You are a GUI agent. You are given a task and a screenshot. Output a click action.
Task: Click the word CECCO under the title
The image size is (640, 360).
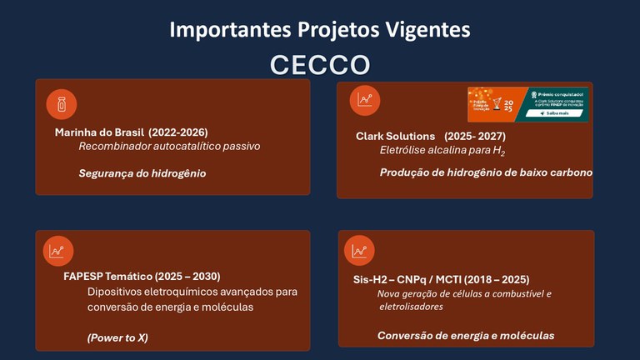point(320,64)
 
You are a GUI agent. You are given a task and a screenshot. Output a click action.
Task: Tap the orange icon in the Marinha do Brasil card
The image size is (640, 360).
point(61,104)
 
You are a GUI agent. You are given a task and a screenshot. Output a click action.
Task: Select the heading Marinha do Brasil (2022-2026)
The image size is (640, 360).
point(131,132)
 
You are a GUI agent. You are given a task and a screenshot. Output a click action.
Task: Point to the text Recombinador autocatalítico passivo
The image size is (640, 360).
point(169,147)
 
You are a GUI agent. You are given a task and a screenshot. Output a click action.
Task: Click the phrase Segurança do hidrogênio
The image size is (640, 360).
point(142,173)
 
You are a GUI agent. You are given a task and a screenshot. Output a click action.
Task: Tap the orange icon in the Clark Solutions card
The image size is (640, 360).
point(364,101)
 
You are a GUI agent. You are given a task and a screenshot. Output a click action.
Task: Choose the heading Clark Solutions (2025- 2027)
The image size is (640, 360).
point(430,136)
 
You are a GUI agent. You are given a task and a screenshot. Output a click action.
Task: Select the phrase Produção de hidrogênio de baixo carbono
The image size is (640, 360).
point(486,172)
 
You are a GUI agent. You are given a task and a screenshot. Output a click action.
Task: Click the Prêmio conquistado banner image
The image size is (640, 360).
point(527,104)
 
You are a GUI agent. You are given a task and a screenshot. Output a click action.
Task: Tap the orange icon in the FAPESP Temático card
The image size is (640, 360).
point(57,250)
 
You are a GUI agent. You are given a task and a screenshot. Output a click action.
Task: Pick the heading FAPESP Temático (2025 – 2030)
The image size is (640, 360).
point(142,277)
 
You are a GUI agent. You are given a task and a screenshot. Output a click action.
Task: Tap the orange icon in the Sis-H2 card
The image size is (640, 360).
point(359,250)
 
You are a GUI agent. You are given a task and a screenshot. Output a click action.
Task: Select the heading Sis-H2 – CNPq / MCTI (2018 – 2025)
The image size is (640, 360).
point(442,279)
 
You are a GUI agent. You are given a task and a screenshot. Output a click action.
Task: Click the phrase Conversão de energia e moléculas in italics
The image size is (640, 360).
point(465,336)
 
